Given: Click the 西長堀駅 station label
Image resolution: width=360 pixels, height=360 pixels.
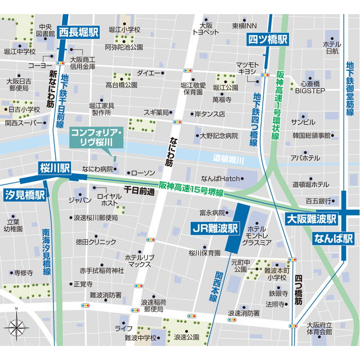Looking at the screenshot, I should pos(79,31).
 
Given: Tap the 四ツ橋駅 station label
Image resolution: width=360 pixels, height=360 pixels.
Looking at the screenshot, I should pos(268,39).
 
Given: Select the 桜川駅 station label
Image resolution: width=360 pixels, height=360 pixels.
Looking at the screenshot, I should pos(55,168).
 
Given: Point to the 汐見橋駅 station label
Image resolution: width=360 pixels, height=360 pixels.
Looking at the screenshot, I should pos(25,195).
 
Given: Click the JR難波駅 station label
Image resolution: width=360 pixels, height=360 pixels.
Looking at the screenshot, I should pos(215,229).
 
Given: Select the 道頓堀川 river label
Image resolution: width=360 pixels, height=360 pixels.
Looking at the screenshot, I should pos(229,160).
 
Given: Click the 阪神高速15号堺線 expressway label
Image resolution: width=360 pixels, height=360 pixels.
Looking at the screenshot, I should pos(191,188).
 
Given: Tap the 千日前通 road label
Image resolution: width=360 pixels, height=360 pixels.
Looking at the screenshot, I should pos(139,191).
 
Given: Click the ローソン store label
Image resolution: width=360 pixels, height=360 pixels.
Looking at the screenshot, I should pos(141,173).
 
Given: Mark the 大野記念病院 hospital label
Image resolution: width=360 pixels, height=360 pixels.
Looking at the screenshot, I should pos(219,136).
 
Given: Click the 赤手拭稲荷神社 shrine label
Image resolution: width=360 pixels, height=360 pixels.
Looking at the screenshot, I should pos(101,270).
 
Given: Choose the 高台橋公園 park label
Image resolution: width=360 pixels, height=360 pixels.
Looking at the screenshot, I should pos(121,85).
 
